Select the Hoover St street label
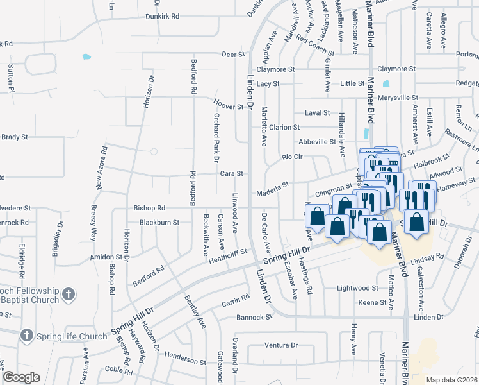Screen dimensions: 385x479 pos(229,107)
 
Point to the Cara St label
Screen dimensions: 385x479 pos(232,173)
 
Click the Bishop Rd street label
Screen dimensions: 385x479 pos(149,208)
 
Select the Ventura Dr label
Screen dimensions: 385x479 pos(281,345)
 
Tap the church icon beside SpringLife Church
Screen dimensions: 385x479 pos(26,335)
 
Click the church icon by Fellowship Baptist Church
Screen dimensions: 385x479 pos(69,295)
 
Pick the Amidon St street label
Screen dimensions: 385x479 pos(106,256)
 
